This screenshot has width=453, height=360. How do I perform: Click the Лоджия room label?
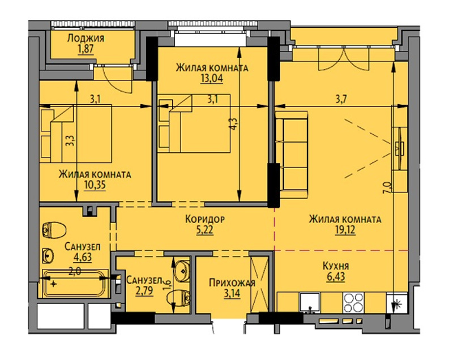(x=86, y=38)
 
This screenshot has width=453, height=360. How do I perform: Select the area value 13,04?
(x=212, y=78)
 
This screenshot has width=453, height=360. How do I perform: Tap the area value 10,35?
(x=95, y=185)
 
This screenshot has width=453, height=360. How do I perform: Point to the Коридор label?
(x=205, y=219)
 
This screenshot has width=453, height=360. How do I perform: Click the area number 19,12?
(x=345, y=230)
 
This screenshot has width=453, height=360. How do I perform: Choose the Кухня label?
(x=336, y=265)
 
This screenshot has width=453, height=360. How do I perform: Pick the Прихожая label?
(x=232, y=282)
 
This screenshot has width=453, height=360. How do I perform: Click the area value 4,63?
(x=83, y=257)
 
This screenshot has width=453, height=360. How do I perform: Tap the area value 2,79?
(x=144, y=291)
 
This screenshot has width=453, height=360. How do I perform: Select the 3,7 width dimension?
(x=341, y=100)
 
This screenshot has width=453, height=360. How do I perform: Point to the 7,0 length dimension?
(x=388, y=187)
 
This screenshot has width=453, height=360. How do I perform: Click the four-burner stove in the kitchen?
(x=353, y=302)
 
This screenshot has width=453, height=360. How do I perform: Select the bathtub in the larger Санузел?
(x=76, y=284)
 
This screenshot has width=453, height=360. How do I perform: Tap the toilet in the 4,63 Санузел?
(x=54, y=230)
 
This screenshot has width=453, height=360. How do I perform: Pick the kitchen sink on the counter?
(x=310, y=303)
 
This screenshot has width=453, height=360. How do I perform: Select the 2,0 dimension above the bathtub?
(x=75, y=272)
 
